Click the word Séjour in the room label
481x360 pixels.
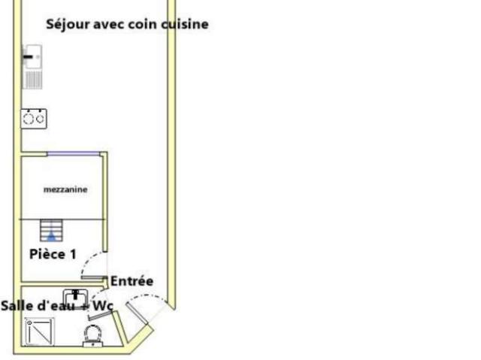pyautogui.click(x=68, y=25)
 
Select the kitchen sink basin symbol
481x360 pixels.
pyautogui.click(x=33, y=56)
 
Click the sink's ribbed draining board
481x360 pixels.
pyautogui.click(x=33, y=79)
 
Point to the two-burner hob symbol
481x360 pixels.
pyautogui.click(x=34, y=119)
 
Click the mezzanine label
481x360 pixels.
pyautogui.click(x=65, y=189)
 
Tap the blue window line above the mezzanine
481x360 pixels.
pyautogui.click(x=74, y=153)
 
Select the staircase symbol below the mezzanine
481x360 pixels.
pyautogui.click(x=51, y=230)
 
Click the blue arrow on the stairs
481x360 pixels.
pyautogui.click(x=51, y=236)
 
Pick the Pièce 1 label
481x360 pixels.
pyautogui.click(x=53, y=254)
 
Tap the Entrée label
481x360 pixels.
pyautogui.click(x=132, y=281)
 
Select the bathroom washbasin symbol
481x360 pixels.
pyautogui.click(x=75, y=298)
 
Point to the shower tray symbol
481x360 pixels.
pyautogui.click(x=40, y=331)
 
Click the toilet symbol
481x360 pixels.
pyautogui.click(x=93, y=336)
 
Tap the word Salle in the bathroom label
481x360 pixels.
pyautogui.click(x=17, y=306)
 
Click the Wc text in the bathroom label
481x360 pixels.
pyautogui.click(x=103, y=306)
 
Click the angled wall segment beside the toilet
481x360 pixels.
pyautogui.click(x=120, y=328)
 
